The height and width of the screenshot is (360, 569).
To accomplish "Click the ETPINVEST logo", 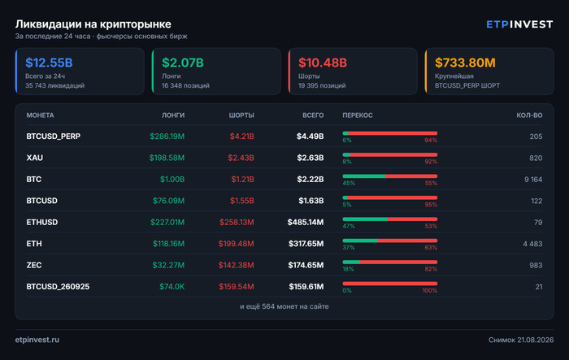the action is (519, 24).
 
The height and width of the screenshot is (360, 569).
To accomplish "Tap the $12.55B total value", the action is (49, 63).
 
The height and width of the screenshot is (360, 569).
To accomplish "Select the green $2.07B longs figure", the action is (183, 63).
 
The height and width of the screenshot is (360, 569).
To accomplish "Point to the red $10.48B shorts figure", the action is (323, 63).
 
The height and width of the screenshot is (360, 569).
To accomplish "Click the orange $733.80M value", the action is (465, 63).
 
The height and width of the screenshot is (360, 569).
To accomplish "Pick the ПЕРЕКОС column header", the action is (358, 115).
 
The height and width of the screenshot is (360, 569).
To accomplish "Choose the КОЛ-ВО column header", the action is (529, 115).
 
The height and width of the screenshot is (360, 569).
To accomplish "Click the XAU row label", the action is (34, 158).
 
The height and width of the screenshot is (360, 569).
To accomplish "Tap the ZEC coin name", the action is (34, 265).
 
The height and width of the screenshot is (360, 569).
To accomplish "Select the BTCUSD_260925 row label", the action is (58, 287).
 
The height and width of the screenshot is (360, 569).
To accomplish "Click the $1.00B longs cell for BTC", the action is (172, 180).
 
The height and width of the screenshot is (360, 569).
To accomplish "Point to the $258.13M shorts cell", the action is (237, 222).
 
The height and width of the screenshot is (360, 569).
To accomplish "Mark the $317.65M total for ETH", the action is (306, 244).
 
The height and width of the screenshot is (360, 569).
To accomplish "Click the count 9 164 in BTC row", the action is (533, 180).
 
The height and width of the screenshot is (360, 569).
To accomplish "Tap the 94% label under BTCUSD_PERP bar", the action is (431, 141).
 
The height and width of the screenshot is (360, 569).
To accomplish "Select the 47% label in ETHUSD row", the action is (349, 226).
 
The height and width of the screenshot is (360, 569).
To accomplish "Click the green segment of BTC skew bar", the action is (364, 176).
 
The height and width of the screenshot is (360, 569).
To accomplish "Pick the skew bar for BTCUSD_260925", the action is (390, 284).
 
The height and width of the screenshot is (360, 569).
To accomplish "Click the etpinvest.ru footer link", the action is (37, 340).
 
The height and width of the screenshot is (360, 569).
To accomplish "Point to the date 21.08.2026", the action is (536, 340).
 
